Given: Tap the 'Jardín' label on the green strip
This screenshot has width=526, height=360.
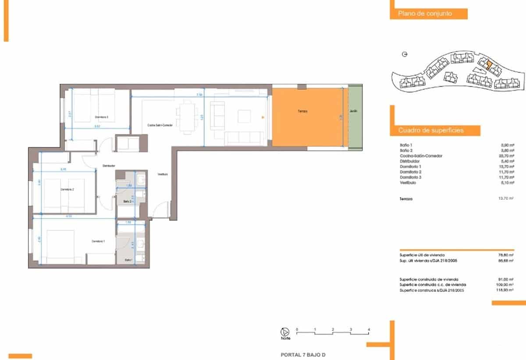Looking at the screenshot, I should pos(353,112).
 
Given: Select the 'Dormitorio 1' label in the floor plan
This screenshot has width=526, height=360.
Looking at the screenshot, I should pos(98,241).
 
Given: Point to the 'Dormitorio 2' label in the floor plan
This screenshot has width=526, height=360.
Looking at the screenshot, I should pos(67,190).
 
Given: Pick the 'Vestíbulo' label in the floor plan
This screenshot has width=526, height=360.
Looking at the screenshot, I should pos(163,174).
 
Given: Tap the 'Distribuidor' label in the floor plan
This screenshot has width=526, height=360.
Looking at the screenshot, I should pos(108,166).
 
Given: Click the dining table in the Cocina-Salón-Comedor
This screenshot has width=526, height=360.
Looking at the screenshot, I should pos(187,116).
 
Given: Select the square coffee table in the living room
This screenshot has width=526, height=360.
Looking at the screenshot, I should pos(244,116).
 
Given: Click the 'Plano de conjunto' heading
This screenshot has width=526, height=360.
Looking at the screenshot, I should pos(425,14).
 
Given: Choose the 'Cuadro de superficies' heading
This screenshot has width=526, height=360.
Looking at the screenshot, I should pos(431,131).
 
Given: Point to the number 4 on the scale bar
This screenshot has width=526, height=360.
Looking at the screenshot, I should pos(369,329).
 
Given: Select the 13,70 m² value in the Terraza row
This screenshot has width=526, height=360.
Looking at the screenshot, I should pos(507,199).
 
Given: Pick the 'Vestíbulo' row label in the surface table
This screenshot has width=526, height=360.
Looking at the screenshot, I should pos(408,183).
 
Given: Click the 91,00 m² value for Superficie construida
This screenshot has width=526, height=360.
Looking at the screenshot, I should pos(507,279).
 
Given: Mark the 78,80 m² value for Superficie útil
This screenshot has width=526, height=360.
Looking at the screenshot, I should pos(507,255).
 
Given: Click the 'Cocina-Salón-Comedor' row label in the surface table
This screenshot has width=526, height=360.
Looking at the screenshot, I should pos(421,156).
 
